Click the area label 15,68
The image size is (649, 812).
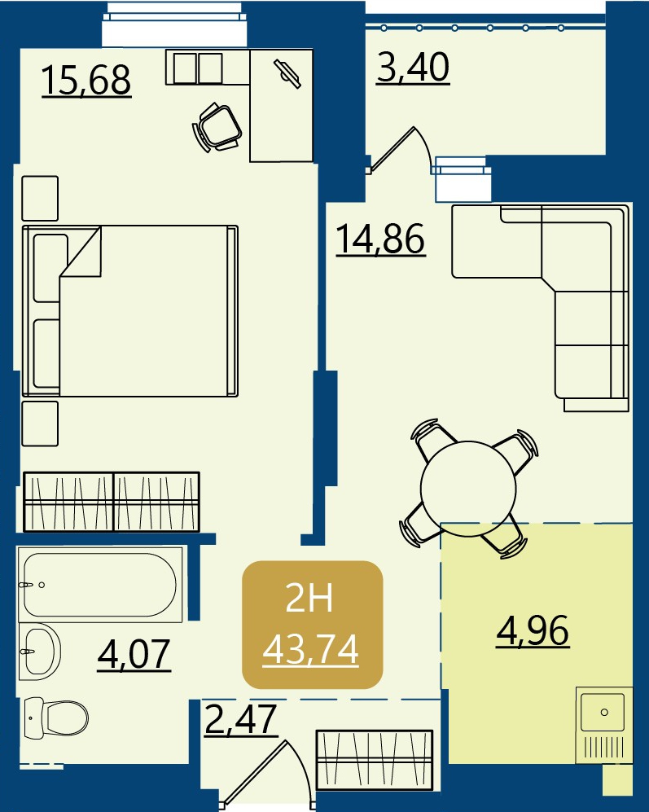click(86, 81)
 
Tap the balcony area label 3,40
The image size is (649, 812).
click(413, 68)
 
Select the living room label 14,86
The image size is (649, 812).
click(381, 239)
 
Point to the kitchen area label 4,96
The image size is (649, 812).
click(533, 630)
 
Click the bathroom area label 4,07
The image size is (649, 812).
click(134, 655)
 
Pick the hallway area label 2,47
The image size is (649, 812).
click(241, 720)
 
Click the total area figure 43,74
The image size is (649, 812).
click(311, 650)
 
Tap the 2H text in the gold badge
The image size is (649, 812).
click(309, 599)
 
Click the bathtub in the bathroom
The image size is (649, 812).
click(100, 585)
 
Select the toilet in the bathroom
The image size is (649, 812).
click(56, 718)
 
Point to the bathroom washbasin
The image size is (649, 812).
click(39, 651)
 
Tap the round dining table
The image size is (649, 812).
click(469, 489)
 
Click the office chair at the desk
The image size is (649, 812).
click(217, 127)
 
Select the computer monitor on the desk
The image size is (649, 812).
click(287, 74)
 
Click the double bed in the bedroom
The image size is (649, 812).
click(130, 311)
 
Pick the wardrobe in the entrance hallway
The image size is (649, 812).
click(375, 760)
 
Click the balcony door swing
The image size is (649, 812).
click(400, 149)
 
